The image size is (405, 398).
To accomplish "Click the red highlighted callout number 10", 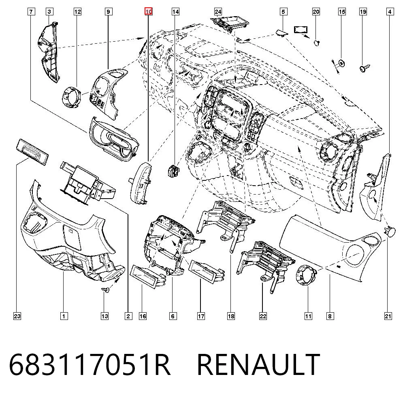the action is pyautogui.click(x=149, y=12).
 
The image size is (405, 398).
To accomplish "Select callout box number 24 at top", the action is pyautogui.click(x=218, y=12).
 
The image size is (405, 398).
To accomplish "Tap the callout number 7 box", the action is pyautogui.click(x=31, y=12).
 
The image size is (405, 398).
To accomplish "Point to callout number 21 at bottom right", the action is pyautogui.click(x=388, y=316).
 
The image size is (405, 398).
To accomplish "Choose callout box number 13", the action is pyautogui.click(x=104, y=316).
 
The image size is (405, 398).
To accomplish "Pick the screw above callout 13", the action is pyautogui.click(x=105, y=290).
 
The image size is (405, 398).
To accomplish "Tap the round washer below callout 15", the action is pyautogui.click(x=342, y=63).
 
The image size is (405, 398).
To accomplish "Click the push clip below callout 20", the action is pyautogui.click(x=317, y=42).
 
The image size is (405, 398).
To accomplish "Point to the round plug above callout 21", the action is pyautogui.click(x=390, y=231).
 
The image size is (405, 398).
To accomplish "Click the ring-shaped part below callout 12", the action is pyautogui.click(x=71, y=97).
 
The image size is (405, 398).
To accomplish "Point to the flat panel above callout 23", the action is pyautogui.click(x=32, y=152).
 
